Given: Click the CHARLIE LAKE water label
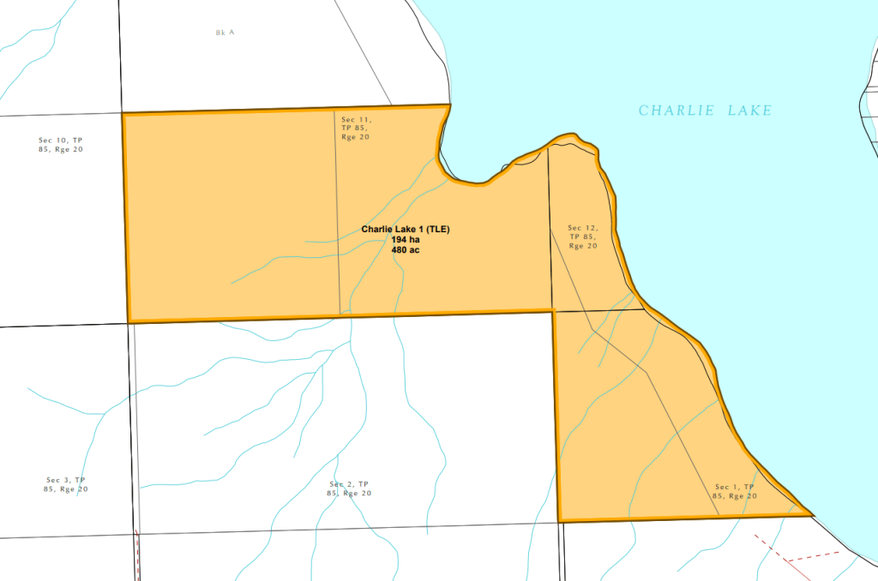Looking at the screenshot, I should pyautogui.click(x=705, y=111).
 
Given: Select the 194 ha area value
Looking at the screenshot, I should pyautogui.click(x=406, y=240).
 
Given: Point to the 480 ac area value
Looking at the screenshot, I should pyautogui.click(x=406, y=250).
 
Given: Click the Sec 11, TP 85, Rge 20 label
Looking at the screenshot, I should pyautogui.click(x=355, y=128).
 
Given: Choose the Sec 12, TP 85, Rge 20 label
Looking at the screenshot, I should pyautogui.click(x=582, y=237).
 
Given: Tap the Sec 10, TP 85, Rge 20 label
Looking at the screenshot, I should pyautogui.click(x=61, y=144).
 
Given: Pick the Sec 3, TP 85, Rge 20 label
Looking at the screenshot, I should pyautogui.click(x=67, y=484).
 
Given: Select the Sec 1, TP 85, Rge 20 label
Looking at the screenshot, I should pyautogui.click(x=735, y=491).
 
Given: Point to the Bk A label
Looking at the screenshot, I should pyautogui.click(x=225, y=33).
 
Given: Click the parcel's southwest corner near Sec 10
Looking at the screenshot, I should pyautogui.click(x=129, y=322).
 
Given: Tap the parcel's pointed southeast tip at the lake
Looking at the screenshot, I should pyautogui.click(x=811, y=515).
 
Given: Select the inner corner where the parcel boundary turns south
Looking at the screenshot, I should pyautogui.click(x=553, y=310).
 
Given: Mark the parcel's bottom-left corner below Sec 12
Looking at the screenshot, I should pyautogui.click(x=559, y=520).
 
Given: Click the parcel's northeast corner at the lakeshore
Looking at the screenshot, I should pyautogui.click(x=449, y=105).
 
